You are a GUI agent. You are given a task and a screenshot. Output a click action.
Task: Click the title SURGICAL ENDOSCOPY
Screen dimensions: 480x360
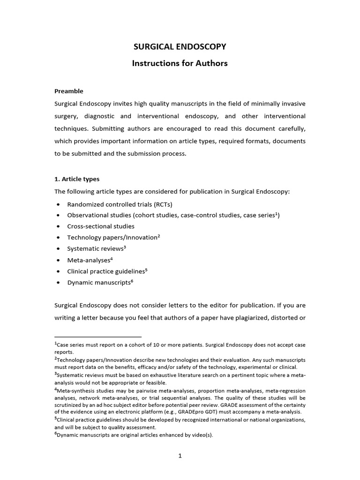pos(180,46)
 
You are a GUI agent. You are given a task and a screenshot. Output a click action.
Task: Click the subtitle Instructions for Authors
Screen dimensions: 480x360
pos(180,63)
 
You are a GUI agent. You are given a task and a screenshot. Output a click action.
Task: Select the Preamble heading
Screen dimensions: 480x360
pos(69,91)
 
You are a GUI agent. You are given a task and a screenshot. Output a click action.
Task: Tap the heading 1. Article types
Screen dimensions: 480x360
pos(77,179)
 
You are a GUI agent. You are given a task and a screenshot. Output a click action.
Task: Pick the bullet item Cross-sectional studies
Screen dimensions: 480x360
pos(101,226)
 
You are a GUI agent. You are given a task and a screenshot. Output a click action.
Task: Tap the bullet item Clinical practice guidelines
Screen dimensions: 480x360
pos(106,271)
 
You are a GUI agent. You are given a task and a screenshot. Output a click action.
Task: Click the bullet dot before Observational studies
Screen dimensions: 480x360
pos(58,216)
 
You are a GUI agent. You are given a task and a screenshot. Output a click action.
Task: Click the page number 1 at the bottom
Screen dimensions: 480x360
pos(180,460)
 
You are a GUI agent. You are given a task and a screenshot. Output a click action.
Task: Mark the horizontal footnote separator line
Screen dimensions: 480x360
pos(97,337)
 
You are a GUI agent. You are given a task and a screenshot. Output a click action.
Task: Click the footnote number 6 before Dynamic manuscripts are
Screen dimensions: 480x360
pos(56,434)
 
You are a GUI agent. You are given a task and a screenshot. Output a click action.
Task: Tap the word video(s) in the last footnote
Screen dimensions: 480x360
pos(201,435)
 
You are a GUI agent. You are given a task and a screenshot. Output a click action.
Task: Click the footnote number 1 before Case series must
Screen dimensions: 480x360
pos(56,344)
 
